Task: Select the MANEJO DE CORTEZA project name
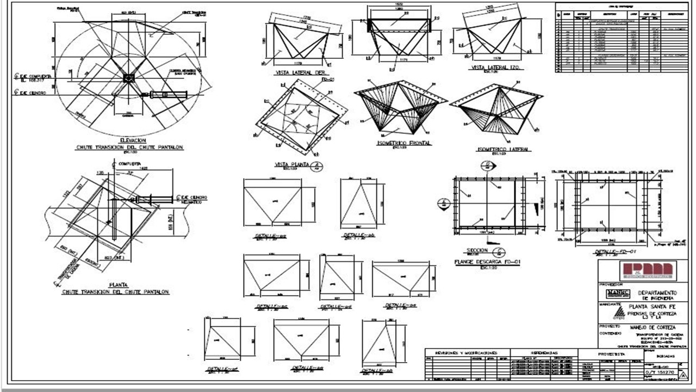click(653, 327)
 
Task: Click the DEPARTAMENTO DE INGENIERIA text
click(657, 295)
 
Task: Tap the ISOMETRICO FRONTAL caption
click(403, 143)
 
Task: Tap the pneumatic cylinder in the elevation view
click(168, 95)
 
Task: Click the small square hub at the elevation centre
click(129, 78)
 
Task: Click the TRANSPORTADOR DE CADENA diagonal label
click(71, 271)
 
